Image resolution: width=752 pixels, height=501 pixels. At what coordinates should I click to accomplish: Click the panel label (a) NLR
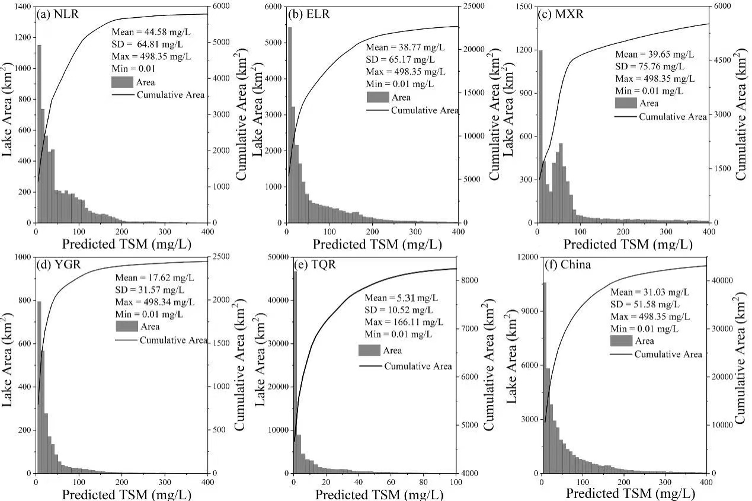57,14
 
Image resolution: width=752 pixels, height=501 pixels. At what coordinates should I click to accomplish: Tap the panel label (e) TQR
315,264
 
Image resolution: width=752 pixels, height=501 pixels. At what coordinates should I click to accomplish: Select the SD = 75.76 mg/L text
655,66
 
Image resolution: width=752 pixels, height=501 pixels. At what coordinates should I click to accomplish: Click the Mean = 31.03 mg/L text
650,292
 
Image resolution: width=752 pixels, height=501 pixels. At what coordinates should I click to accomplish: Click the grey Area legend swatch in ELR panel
376,97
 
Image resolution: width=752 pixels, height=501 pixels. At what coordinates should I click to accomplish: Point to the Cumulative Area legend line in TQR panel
370,366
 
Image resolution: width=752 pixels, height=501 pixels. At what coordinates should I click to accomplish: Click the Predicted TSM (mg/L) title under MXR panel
627,244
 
